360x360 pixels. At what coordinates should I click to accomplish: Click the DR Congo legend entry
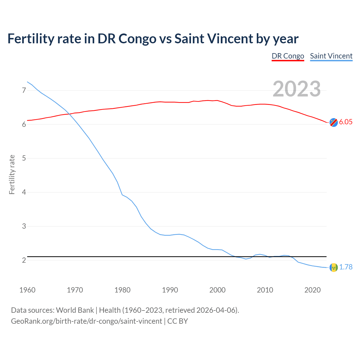[288, 56]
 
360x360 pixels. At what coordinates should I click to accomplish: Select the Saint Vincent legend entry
[331, 56]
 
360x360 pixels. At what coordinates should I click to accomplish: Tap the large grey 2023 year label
[296, 89]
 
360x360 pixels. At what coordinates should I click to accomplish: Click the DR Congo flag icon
[334, 122]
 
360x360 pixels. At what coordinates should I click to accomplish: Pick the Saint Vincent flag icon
[334, 267]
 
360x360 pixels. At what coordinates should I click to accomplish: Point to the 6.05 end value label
[346, 122]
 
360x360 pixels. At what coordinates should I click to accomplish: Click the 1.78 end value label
[346, 267]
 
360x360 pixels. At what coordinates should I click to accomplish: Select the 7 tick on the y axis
[24, 90]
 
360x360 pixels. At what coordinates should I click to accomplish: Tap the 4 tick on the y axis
[24, 192]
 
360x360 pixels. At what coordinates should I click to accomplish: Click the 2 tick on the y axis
[24, 260]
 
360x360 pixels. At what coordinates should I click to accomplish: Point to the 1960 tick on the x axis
[27, 290]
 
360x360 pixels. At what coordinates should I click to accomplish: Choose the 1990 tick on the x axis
[170, 290]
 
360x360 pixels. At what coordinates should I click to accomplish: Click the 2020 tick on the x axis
[312, 290]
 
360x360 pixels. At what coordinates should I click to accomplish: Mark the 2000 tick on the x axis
[217, 290]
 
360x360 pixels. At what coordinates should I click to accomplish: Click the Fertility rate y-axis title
[12, 174]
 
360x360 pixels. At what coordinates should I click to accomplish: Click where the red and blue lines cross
[69, 114]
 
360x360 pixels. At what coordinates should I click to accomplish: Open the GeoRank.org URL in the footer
[86, 321]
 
